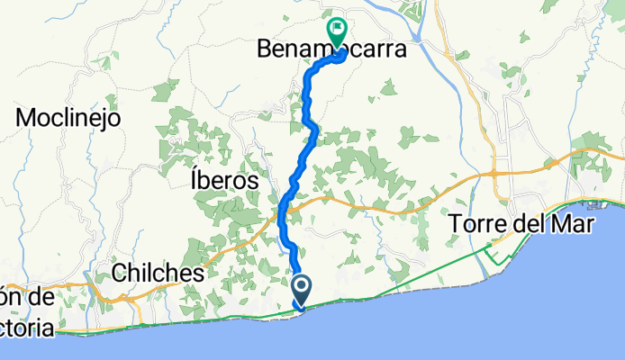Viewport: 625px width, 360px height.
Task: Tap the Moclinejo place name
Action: pyautogui.click(x=68, y=117)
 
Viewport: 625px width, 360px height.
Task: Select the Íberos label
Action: pyautogui.click(x=225, y=181)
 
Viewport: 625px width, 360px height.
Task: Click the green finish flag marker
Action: pyautogui.click(x=338, y=31)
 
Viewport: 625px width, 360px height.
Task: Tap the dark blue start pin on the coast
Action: pyautogui.click(x=301, y=291)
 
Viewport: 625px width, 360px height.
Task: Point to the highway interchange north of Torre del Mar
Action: pyautogui.click(x=496, y=173)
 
